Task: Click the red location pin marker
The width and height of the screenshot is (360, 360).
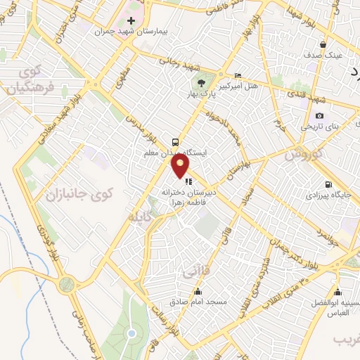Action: tap(181, 166)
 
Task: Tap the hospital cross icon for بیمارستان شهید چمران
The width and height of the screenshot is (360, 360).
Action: tap(131, 22)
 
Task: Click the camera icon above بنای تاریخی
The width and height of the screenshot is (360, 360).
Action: tap(319, 116)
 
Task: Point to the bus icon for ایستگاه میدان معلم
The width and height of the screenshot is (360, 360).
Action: tap(173, 141)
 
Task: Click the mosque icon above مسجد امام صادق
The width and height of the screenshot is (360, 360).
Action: tap(197, 291)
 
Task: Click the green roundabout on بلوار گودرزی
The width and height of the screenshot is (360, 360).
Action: tap(67, 285)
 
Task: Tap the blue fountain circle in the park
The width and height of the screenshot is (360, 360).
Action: tap(131, 333)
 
